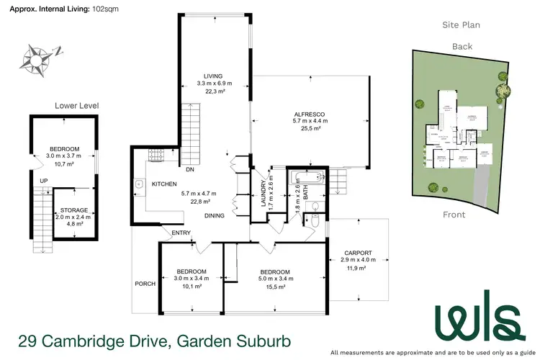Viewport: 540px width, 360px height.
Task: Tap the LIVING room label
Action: pyautogui.click(x=212, y=76)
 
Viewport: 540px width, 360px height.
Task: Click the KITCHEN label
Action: pyautogui.click(x=164, y=184)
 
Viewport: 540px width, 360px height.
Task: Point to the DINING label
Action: pyautogui.click(x=213, y=215)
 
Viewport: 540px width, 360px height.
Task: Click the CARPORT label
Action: pyautogui.click(x=358, y=253)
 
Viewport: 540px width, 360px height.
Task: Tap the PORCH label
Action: pyautogui.click(x=145, y=284)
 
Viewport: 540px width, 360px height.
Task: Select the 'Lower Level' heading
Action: pyautogui.click(x=76, y=106)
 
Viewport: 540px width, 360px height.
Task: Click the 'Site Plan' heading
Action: pyautogui.click(x=461, y=24)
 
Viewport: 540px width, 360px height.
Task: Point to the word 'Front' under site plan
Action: pyautogui.click(x=454, y=215)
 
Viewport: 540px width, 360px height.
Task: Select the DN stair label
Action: pyautogui.click(x=190, y=170)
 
